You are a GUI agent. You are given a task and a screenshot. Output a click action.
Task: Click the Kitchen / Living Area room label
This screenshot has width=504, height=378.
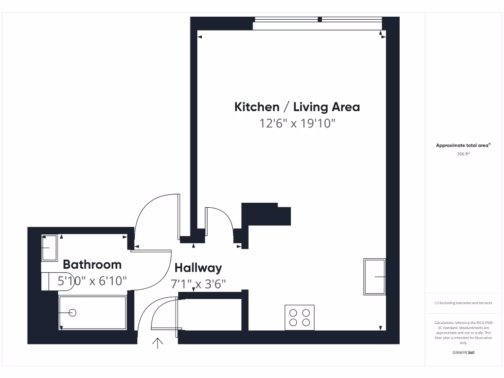click(297, 107)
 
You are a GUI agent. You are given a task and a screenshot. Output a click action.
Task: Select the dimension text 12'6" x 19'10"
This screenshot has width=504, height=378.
click(297, 123)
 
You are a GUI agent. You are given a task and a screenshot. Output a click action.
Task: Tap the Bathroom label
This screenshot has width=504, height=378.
click(92, 264)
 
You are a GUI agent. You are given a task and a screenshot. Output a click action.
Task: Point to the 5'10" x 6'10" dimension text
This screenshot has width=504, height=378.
click(92, 281)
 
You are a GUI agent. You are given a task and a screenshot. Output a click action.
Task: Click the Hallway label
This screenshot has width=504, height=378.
click(198, 268)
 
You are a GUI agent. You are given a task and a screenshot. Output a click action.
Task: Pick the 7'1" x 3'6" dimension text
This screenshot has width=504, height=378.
click(198, 284)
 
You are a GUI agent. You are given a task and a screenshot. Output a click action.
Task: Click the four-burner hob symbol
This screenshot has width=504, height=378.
click(300, 317)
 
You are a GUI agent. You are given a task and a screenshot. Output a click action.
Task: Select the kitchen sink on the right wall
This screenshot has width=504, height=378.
click(375, 277)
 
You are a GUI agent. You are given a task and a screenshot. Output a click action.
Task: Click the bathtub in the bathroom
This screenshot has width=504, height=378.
click(93, 313)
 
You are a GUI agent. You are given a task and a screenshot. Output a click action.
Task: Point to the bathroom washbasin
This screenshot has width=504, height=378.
click(49, 248)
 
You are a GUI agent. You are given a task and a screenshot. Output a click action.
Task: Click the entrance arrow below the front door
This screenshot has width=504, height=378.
click(158, 343)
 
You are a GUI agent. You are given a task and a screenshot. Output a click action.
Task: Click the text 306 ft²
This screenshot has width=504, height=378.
click(464, 154)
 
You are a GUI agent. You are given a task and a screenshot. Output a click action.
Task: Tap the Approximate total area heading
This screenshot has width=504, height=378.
click(463, 145)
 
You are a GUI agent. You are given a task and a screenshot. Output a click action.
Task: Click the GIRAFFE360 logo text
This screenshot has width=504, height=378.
click(463, 353)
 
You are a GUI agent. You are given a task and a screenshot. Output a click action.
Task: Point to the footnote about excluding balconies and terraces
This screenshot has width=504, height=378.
click(463, 303)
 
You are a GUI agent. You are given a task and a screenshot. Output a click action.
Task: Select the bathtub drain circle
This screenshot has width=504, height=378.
click(73, 313)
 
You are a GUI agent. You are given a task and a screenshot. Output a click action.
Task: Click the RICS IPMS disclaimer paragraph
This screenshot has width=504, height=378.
click(463, 333)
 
